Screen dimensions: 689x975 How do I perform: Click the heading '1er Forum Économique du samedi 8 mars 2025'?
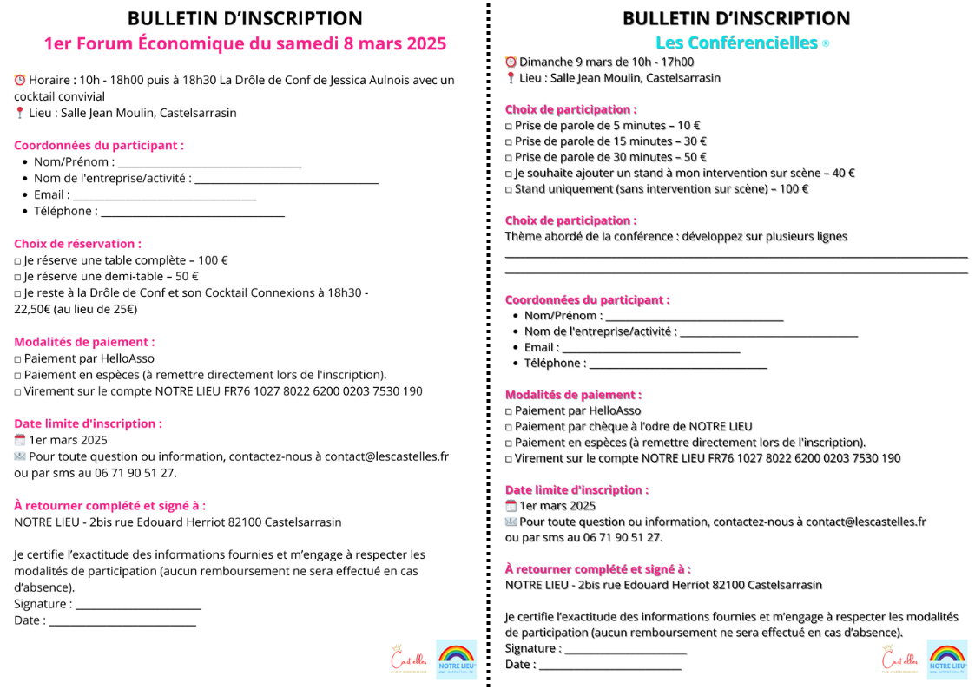pos(245,44)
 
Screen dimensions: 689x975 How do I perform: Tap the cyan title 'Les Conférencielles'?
pos(736,43)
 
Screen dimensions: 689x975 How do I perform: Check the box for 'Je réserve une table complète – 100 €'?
pos(18,260)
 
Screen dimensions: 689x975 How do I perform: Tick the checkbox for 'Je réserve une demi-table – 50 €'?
pos(18,277)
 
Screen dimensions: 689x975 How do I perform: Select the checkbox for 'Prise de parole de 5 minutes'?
pos(509,126)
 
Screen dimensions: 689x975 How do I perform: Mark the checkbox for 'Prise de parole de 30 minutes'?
pos(509,158)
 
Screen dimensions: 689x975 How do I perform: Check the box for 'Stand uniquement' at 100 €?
pos(509,189)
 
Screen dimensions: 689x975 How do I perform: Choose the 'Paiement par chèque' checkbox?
pos(509,427)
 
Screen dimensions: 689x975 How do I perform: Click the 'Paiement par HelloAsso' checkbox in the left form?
pos(18,358)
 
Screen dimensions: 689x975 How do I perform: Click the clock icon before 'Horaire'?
pos(20,80)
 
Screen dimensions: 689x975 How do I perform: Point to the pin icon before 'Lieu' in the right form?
pos(511,78)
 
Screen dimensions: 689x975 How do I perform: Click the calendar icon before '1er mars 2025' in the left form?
pos(20,440)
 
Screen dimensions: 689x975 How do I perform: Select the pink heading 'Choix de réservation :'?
pos(77,244)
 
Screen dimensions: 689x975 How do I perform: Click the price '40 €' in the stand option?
pos(843,173)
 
